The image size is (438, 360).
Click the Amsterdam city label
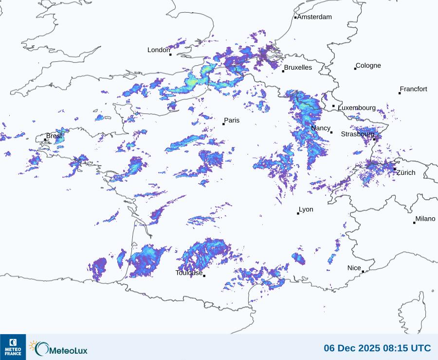[314, 17]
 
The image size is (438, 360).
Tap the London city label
[159, 50]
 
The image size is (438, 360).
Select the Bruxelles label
[298, 68]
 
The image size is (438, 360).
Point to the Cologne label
[368, 66]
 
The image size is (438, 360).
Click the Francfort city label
[413, 89]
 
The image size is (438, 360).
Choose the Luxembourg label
[357, 108]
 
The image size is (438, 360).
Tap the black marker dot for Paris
[223, 124]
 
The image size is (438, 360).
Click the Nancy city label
[321, 128]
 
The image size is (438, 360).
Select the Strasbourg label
[358, 134]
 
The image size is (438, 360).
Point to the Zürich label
[406, 173]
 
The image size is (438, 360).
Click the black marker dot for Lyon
[298, 213]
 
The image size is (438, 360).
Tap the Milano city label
[425, 219]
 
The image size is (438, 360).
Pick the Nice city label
[354, 268]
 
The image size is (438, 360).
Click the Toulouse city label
[189, 273]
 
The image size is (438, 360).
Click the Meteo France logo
[13, 347]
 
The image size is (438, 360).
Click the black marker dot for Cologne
[355, 69]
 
